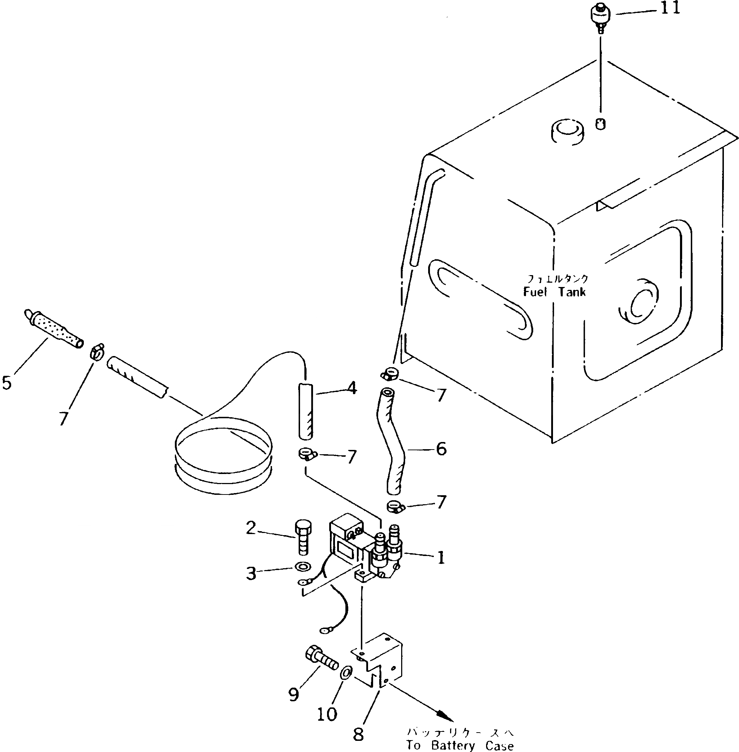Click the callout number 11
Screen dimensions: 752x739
click(670, 8)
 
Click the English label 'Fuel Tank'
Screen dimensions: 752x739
click(554, 292)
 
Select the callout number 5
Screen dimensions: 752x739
click(6, 382)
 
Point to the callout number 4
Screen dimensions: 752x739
click(352, 388)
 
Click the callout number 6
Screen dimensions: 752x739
click(441, 449)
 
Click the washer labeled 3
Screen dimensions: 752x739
click(302, 566)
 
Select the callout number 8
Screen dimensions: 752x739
click(358, 734)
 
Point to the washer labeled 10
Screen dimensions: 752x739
click(346, 673)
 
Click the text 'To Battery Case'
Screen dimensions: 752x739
click(460, 746)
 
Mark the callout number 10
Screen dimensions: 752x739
click(327, 714)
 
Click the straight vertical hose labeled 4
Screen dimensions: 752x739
click(305, 411)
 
